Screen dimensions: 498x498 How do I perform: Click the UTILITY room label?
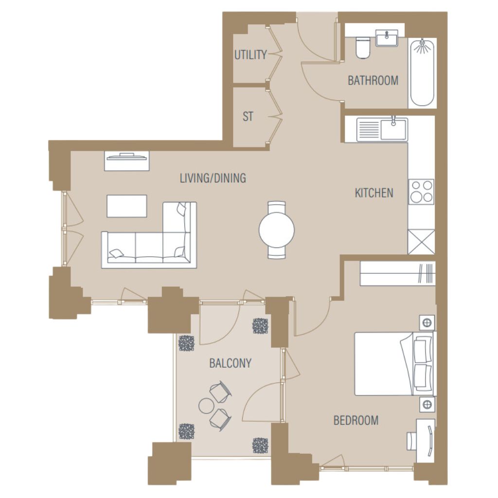tap(250, 54)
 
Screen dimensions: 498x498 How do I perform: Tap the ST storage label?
tap(248, 117)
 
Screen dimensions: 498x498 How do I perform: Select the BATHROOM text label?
tap(373, 80)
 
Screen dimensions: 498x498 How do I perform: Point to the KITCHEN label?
tap(374, 193)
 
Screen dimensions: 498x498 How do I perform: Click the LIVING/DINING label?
tap(213, 178)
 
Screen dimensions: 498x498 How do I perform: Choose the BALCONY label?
tap(230, 363)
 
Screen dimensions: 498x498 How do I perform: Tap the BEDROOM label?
tap(356, 420)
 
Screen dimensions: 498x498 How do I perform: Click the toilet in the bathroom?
tap(363, 48)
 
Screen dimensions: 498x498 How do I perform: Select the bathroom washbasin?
tap(387, 38)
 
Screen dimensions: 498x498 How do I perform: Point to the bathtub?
tap(422, 73)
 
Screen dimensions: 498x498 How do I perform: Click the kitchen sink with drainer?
tap(382, 129)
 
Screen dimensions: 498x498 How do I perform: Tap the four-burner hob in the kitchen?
tap(421, 192)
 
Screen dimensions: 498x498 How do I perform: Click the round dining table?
tap(277, 230)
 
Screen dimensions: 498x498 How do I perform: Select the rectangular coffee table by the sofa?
tap(127, 206)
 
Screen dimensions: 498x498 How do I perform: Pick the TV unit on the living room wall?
tap(127, 161)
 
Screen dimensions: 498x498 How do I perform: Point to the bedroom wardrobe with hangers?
tap(397, 273)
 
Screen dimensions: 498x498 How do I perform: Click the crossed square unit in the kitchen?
tap(421, 242)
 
